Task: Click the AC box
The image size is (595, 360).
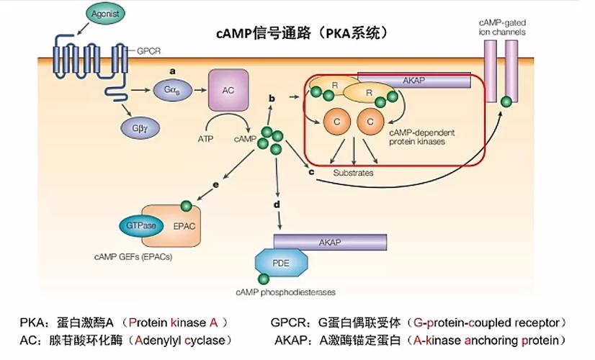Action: point(227,90)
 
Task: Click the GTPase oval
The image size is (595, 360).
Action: point(142,225)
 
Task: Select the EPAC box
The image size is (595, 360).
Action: point(185,225)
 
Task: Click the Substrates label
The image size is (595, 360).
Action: point(352,174)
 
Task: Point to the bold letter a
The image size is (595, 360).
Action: point(173,71)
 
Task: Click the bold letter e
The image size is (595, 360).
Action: point(216,186)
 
